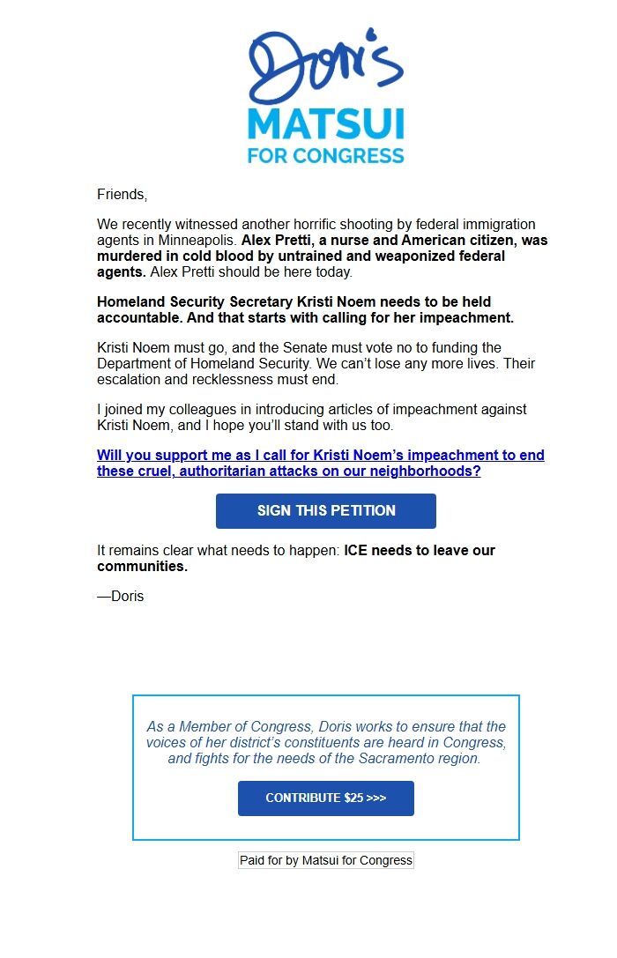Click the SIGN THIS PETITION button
pyautogui.click(x=326, y=510)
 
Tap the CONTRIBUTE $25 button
pyautogui.click(x=325, y=798)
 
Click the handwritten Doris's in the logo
pyautogui.click(x=325, y=66)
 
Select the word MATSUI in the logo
pyautogui.click(x=325, y=124)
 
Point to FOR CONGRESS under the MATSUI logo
pyautogui.click(x=325, y=156)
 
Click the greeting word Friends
pyautogui.click(x=122, y=194)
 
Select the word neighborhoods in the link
pyautogui.click(x=421, y=471)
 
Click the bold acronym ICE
pyautogui.click(x=358, y=550)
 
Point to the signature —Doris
pyautogui.click(x=121, y=596)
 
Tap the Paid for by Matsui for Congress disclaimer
pyautogui.click(x=325, y=859)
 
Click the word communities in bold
pyautogui.click(x=142, y=566)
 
